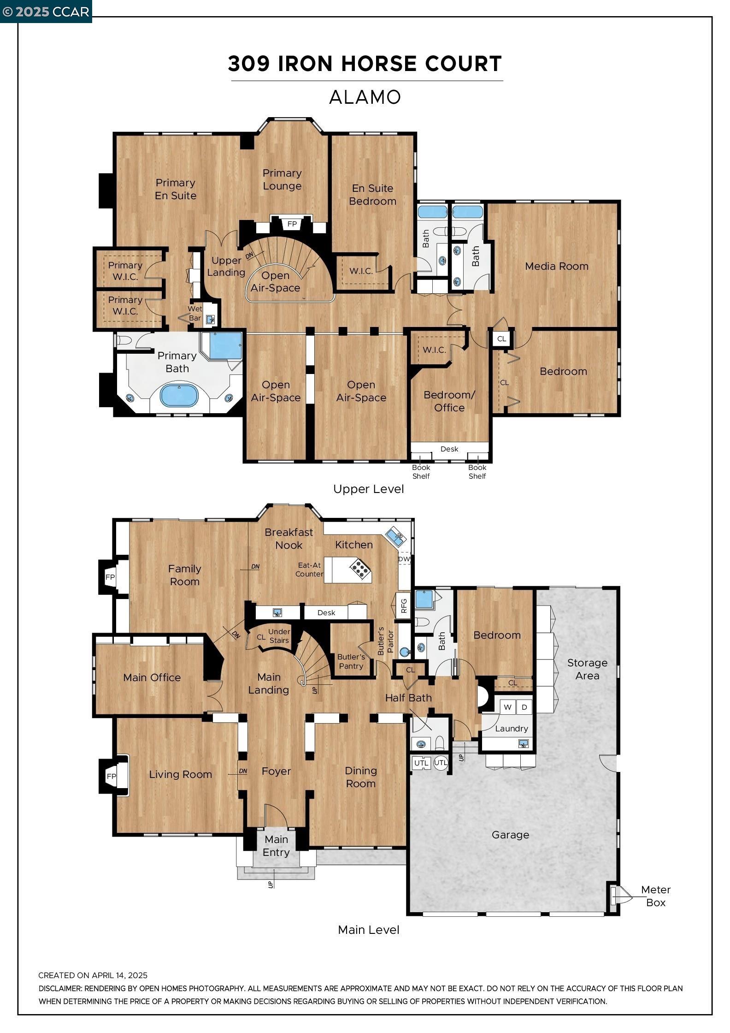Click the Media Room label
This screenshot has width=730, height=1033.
pos(556,266)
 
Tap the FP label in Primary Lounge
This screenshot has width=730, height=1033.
pos(292,224)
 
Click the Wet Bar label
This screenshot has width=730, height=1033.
pos(194,313)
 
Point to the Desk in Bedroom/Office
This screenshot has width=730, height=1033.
pos(449,449)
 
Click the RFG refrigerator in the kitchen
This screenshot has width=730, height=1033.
pos(404,606)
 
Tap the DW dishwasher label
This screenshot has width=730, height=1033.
pos(404,559)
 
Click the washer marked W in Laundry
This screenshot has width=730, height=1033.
pos(507,707)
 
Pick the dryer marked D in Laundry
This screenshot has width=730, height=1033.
pos(524,707)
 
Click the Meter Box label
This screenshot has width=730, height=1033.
pos(655,896)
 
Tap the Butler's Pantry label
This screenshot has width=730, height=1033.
pos(351,661)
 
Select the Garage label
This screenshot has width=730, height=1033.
pos(510,835)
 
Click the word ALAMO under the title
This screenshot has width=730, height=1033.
pos(365,97)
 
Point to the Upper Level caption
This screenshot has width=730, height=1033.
pos(368,489)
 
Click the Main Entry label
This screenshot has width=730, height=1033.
pos(276,846)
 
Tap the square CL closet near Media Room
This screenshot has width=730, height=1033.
pos(501,338)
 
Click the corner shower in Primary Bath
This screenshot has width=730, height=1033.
pos(225,346)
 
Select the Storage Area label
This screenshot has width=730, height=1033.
pos(587,669)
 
